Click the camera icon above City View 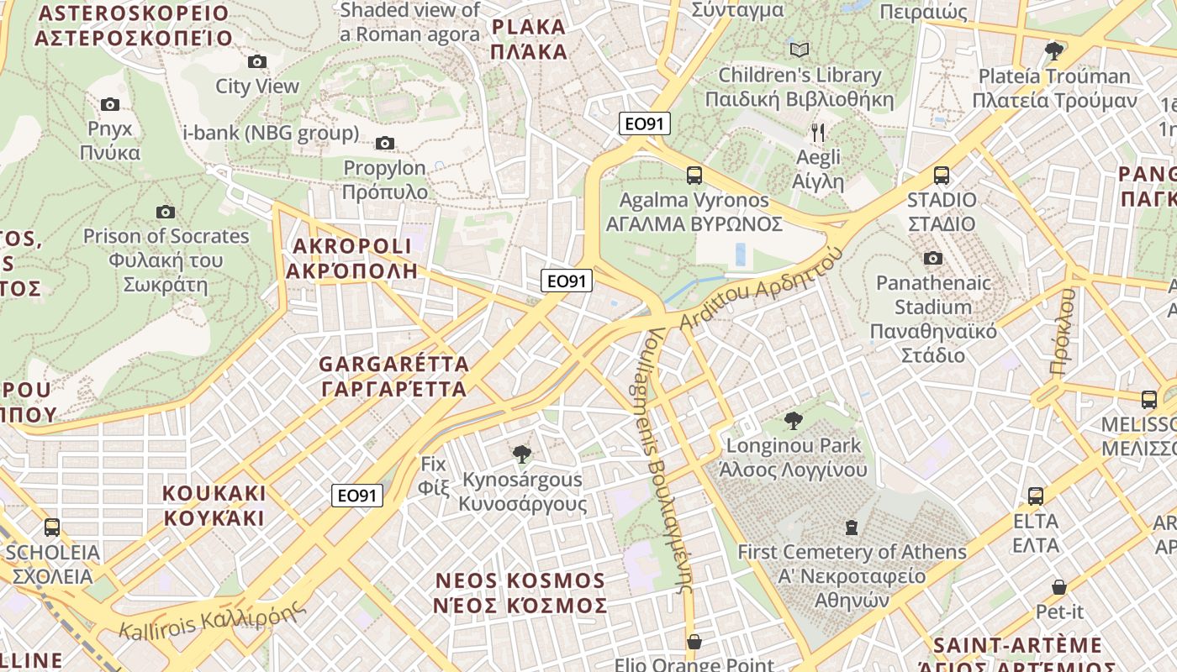pos(257,61)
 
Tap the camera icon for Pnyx pos(110,104)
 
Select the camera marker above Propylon pos(385,143)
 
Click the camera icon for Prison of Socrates pos(166,212)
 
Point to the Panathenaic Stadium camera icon pos(933,258)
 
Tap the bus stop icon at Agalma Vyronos pos(694,175)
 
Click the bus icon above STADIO pos(942,176)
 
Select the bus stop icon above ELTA pos(1036,496)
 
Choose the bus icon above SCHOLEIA pos(52,528)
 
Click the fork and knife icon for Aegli pos(818,132)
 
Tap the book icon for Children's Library pos(800,50)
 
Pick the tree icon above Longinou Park pos(793,421)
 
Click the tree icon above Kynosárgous pos(522,454)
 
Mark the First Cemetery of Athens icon pos(852,528)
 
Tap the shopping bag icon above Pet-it pos(1059,586)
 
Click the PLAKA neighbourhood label pos(530,39)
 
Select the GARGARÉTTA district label pos(393,376)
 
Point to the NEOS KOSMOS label pos(520,593)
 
